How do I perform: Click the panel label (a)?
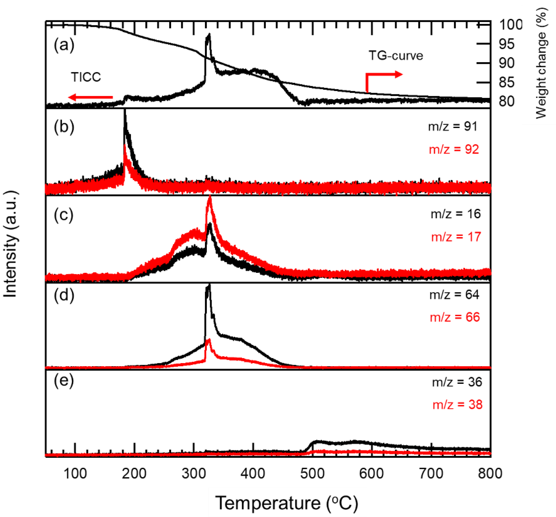[64, 45]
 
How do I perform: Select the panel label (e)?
[64, 380]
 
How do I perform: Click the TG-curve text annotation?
[396, 56]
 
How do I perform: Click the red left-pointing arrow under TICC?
[90, 97]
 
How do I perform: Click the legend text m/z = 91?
[453, 127]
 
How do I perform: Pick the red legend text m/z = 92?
[454, 149]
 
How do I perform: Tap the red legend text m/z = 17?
[456, 237]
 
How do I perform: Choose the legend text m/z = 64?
[454, 295]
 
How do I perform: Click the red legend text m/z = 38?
[457, 405]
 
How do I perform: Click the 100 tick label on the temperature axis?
[75, 474]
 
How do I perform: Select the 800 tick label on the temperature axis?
[490, 474]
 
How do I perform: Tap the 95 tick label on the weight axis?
[506, 44]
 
